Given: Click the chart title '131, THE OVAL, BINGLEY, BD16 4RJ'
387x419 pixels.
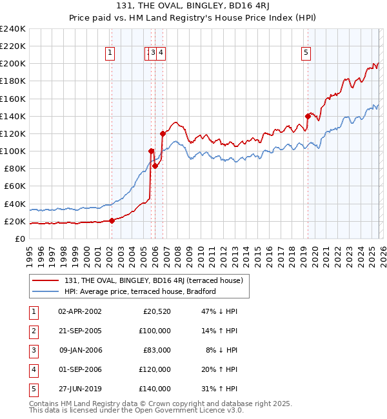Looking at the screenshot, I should click(x=193, y=7).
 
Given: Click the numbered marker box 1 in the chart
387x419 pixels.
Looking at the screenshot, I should click(x=111, y=54).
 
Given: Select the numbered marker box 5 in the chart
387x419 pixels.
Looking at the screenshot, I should click(x=305, y=54).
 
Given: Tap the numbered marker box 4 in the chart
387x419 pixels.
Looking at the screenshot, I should click(x=161, y=54).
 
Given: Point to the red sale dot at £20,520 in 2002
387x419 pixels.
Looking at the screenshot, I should click(x=112, y=220).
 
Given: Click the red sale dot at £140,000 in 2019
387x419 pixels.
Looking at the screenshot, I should click(x=308, y=116).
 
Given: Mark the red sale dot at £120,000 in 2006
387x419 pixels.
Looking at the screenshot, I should click(x=162, y=133).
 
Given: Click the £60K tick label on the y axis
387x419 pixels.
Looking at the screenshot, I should click(x=15, y=186).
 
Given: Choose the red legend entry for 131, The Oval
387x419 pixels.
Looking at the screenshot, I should click(x=153, y=280).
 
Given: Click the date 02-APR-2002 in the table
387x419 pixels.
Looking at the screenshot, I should click(x=79, y=311).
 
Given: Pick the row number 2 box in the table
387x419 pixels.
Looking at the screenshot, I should click(x=32, y=331).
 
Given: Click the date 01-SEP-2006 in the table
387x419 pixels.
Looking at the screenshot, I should click(x=79, y=369).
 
